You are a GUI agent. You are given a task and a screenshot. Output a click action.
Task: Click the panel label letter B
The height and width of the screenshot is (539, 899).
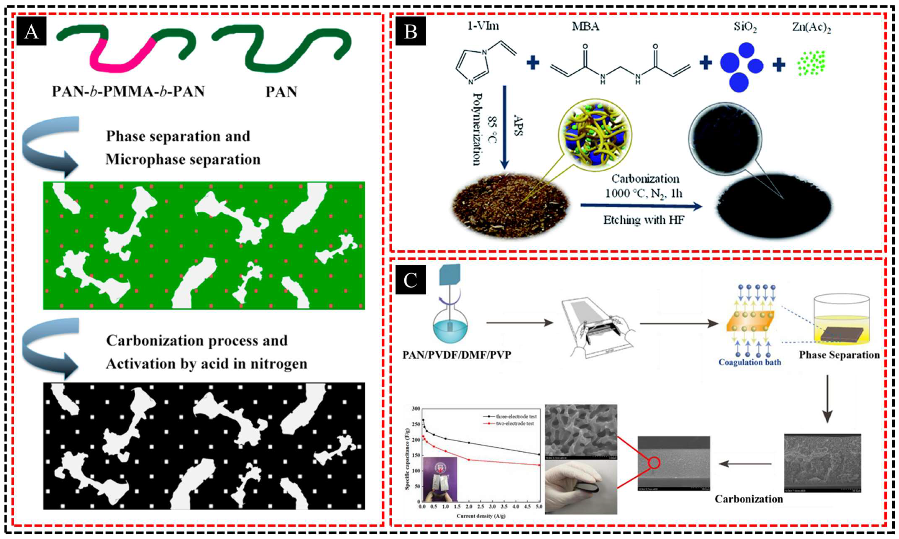coord(411,32)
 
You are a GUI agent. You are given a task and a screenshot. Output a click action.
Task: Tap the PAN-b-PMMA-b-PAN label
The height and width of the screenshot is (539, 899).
coord(128,92)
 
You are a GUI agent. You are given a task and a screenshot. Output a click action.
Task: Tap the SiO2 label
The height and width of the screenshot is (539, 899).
coord(745,27)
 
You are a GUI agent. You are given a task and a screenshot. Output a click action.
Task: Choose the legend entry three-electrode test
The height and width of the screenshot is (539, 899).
coord(516,417)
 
